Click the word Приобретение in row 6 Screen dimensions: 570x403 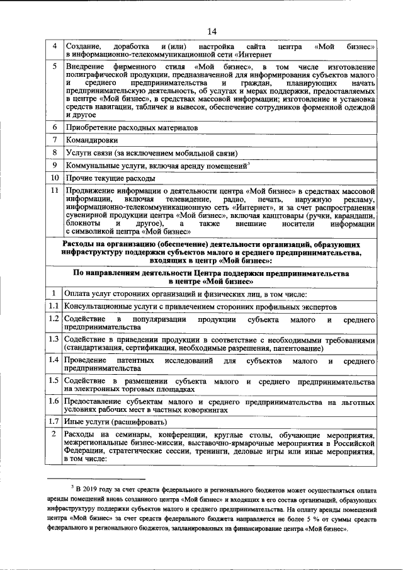pyautogui.click(x=91, y=127)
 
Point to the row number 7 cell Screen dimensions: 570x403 pyautogui.click(x=55, y=140)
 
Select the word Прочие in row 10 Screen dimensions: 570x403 pyautogui.click(x=78, y=178)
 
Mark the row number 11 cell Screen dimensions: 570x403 pyautogui.click(x=55, y=191)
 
